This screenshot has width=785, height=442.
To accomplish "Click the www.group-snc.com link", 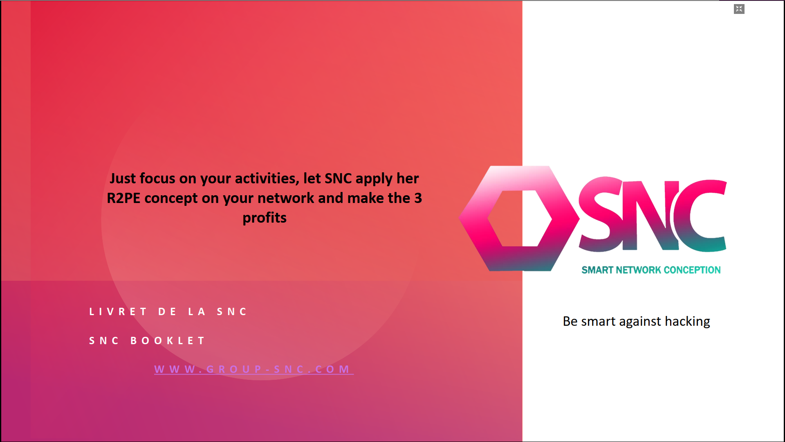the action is click(253, 369).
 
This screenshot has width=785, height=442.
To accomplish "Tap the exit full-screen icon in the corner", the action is click(739, 9).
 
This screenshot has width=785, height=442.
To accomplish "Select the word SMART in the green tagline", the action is click(597, 270).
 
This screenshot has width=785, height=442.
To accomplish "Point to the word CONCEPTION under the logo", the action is click(692, 270).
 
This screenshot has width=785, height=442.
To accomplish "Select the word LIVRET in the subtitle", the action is click(118, 312).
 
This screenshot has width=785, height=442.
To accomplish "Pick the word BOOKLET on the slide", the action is click(168, 341).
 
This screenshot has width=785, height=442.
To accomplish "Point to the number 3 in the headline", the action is click(418, 198).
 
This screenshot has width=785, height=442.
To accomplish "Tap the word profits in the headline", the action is click(265, 218).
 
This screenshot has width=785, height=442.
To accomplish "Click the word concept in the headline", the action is click(171, 198).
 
